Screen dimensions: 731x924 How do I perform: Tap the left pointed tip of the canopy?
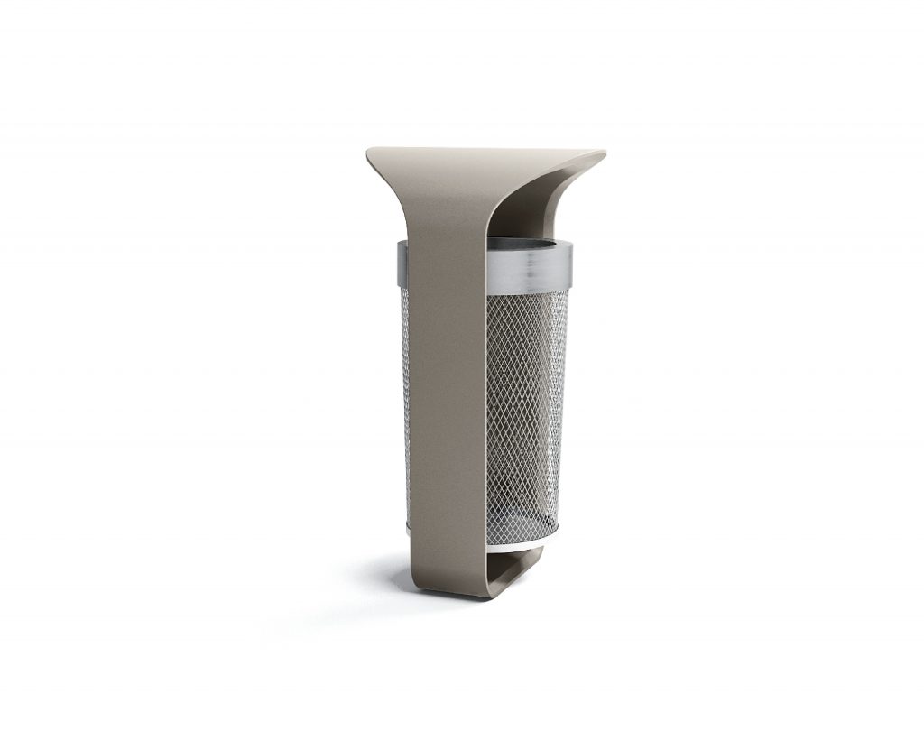[x=370, y=153]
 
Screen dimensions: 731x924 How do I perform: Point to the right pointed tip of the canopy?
[x=602, y=154]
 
